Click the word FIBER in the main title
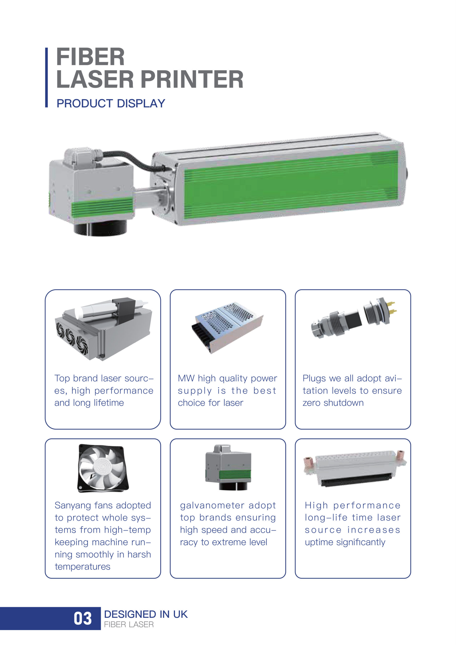click(x=90, y=57)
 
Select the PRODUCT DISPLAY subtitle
click(x=111, y=104)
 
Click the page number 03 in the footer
click(x=83, y=619)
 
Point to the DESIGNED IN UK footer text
click(x=146, y=614)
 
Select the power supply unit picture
click(x=227, y=328)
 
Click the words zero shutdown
click(x=333, y=403)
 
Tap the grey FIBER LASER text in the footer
click(x=129, y=625)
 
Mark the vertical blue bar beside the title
click(x=46, y=78)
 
